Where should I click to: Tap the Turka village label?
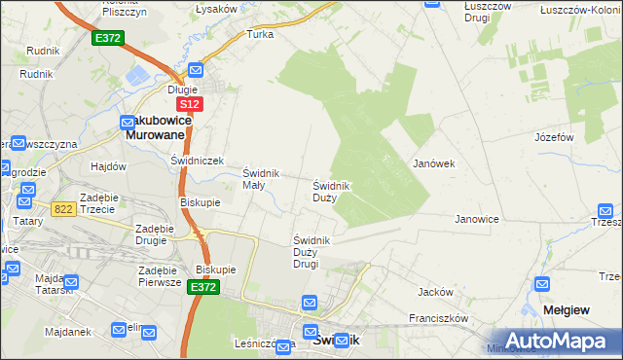point(260,34)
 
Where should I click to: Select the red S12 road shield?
point(190,103)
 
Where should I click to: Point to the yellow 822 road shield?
point(63,208)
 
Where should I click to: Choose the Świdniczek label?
point(198,160)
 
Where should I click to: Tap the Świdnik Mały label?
point(261,179)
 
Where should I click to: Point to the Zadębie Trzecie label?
point(99,203)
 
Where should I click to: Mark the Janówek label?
point(434,163)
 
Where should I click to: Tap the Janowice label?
point(477,219)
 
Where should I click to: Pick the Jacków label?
point(435,292)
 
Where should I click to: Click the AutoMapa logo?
point(551,341)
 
